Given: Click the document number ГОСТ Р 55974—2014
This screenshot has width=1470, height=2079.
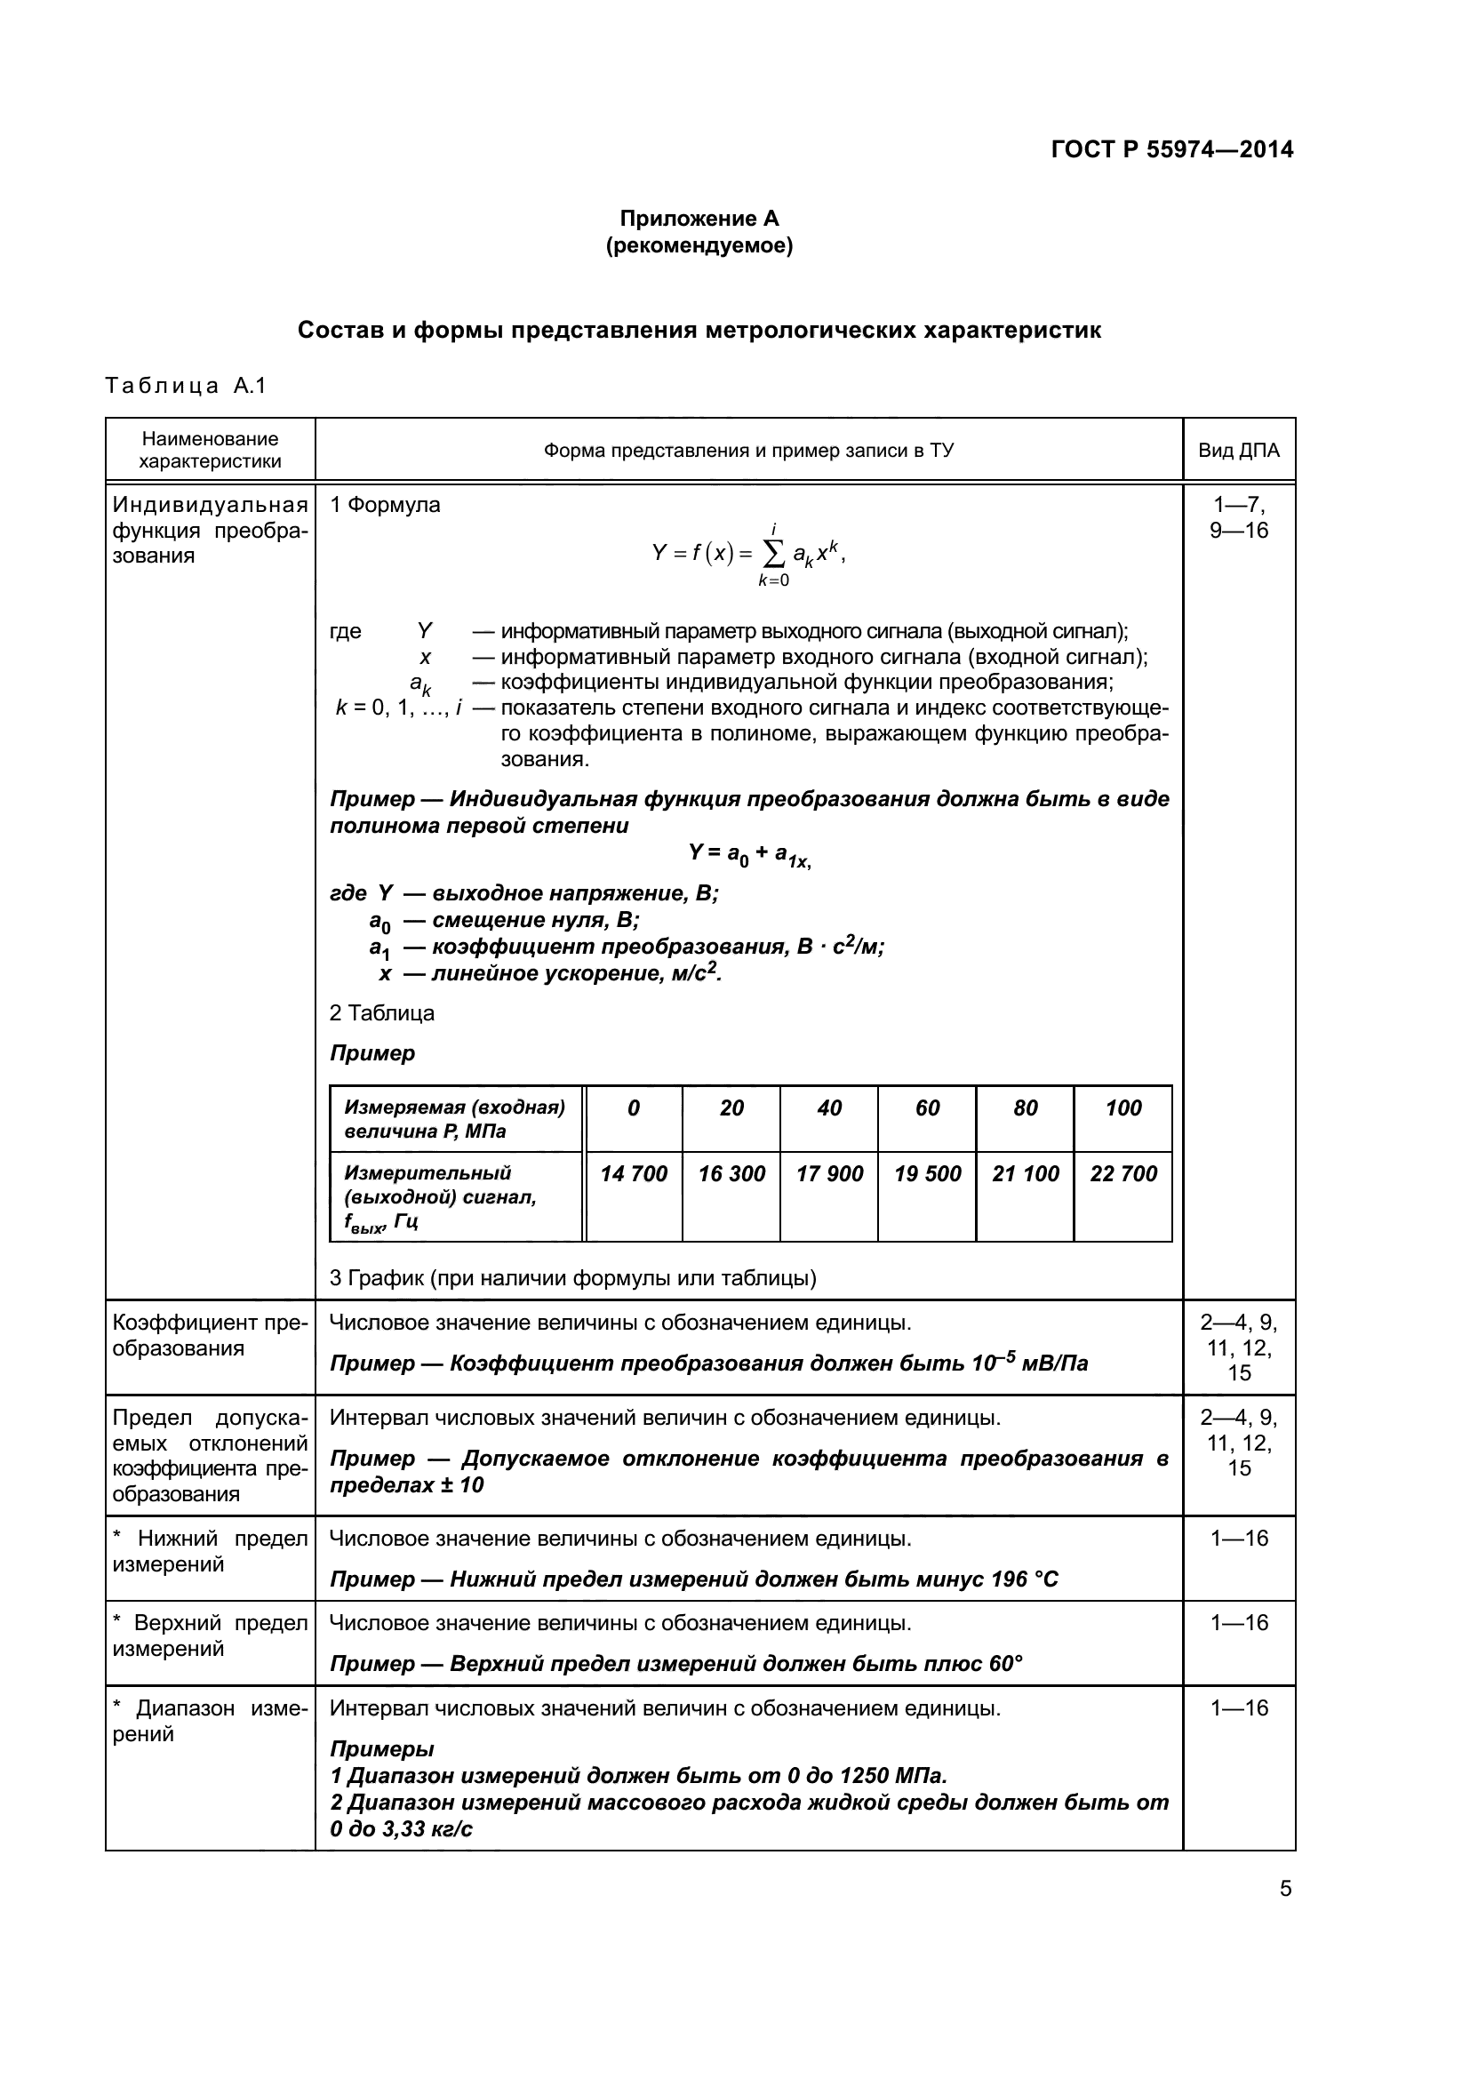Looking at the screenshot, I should tap(1172, 149).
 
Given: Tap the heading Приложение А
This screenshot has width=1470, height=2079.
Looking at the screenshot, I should tap(699, 219).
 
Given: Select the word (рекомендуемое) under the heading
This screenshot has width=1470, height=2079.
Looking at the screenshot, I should tap(699, 245).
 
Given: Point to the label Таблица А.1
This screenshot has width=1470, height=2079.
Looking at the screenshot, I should tap(186, 386).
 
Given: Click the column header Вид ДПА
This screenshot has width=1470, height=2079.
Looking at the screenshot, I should tap(1238, 450).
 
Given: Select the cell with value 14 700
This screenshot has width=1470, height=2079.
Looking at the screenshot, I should tap(634, 1173).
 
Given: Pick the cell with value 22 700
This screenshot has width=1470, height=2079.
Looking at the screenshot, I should tap(1123, 1173).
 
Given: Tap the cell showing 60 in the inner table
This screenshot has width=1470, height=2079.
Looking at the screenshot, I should tap(927, 1107).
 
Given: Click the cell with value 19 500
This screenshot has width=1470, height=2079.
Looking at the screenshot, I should tap(927, 1173).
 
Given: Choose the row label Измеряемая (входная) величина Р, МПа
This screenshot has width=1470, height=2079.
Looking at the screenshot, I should tap(454, 1119).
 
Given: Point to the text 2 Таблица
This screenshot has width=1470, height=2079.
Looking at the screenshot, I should tap(382, 1013).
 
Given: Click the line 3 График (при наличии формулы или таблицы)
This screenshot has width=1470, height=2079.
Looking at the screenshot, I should tap(572, 1277).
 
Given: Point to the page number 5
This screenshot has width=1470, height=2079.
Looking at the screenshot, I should tap(1285, 1889).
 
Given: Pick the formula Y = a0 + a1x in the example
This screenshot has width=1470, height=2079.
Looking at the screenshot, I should tap(749, 854).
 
